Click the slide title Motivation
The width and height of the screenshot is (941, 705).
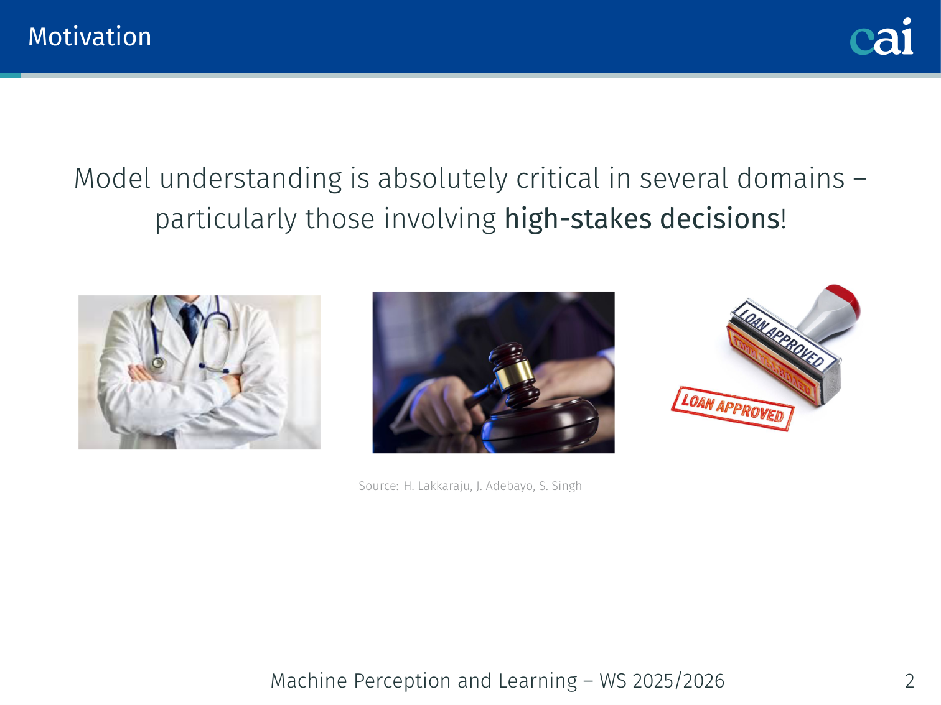tap(90, 37)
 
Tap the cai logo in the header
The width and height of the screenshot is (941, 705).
tap(881, 37)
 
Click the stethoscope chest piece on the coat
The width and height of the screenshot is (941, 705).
tap(158, 364)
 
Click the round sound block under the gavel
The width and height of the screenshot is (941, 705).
tap(540, 425)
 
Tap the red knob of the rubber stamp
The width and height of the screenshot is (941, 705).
tap(843, 300)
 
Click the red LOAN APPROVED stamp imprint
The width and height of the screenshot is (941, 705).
tap(733, 409)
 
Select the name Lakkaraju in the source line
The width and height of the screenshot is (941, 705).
tap(438, 486)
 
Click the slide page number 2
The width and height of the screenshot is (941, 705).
tap(909, 681)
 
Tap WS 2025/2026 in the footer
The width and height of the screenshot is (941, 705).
tap(662, 681)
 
